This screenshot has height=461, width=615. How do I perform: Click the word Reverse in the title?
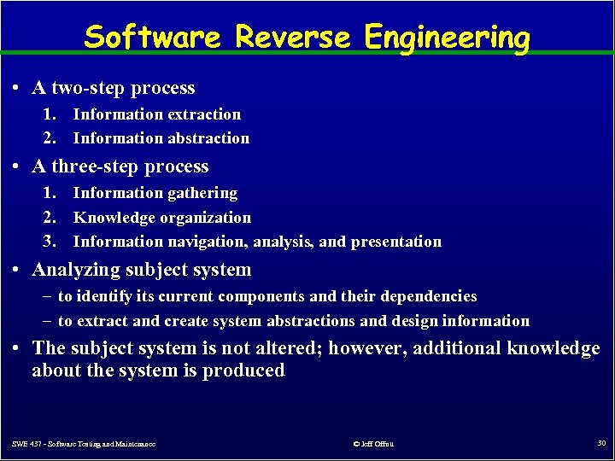coord(291,38)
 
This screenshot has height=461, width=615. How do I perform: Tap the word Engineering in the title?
coord(447,38)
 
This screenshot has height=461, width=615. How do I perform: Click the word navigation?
coord(207,242)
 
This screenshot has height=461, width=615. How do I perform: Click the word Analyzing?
coord(73,271)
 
